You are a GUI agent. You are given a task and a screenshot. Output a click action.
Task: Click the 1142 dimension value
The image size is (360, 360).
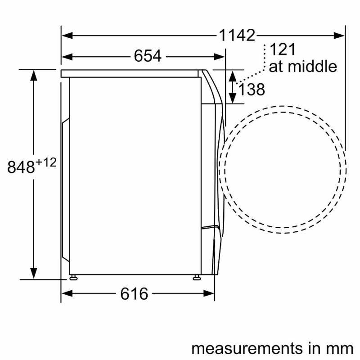tap(237, 36)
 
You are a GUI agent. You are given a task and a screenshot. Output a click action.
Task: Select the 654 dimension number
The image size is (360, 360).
tap(148, 56)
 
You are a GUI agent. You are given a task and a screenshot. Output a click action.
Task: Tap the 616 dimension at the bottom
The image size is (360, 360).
tap(134, 294)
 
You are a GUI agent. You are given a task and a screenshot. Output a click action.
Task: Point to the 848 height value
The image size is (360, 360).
tap(21, 167)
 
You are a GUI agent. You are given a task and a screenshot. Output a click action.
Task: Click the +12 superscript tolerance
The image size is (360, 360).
tap(46, 162)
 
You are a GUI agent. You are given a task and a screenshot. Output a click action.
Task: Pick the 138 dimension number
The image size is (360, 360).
tap(252, 89)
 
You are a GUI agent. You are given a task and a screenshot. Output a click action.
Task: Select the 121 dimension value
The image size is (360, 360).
tap(283, 49)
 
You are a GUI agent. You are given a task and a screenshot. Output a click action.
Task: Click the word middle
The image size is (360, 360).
tap(312, 66)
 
